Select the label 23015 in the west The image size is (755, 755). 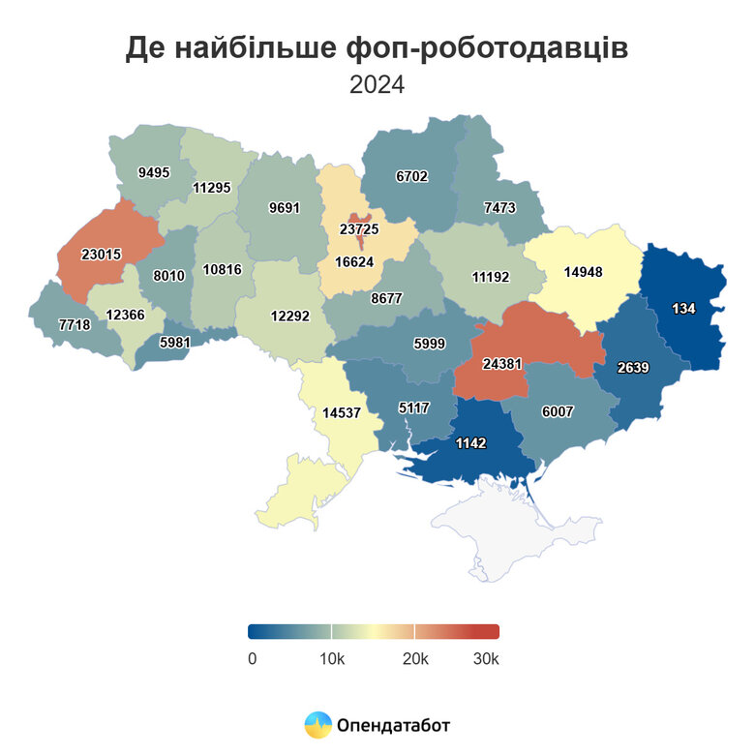pyautogui.click(x=102, y=256)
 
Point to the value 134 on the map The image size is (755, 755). pyautogui.click(x=684, y=309)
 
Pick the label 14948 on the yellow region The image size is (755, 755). pyautogui.click(x=583, y=272)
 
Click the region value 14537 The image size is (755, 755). pyautogui.click(x=343, y=412)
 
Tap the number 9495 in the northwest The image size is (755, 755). pyautogui.click(x=154, y=172)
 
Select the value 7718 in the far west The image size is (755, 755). pyautogui.click(x=75, y=324)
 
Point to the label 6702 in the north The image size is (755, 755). pyautogui.click(x=411, y=176)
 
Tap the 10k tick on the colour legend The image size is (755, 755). pyautogui.click(x=332, y=659)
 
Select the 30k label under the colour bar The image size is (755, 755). pyautogui.click(x=485, y=659)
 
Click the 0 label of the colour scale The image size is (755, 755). pyautogui.click(x=252, y=659)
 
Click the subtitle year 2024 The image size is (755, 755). pyautogui.click(x=377, y=84)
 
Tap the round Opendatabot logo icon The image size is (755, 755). pyautogui.click(x=317, y=724)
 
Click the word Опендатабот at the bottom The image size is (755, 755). pyautogui.click(x=393, y=724)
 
